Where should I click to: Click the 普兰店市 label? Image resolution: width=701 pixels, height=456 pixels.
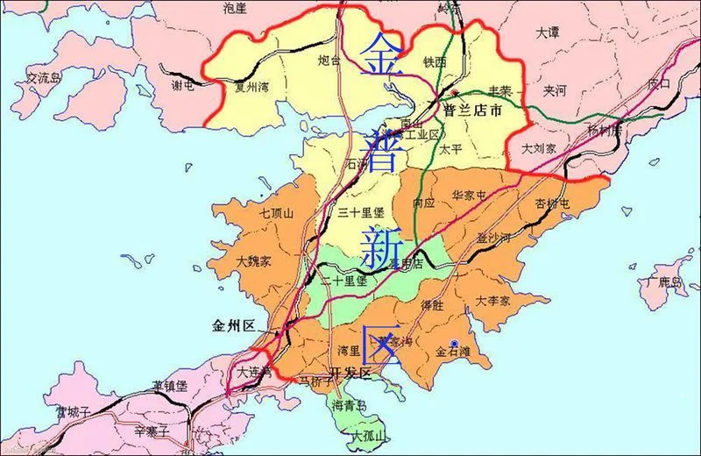point(473,111)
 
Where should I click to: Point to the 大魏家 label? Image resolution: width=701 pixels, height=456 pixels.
point(254,261)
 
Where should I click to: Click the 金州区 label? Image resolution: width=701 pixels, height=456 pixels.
point(232,325)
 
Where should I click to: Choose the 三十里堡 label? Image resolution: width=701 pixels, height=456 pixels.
point(361,213)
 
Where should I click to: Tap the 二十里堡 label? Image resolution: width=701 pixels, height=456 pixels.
point(343,281)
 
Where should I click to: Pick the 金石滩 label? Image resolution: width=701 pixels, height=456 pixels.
point(454,353)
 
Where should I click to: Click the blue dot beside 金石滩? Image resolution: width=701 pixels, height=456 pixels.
point(454,342)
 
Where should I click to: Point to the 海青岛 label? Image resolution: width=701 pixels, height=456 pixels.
point(350,406)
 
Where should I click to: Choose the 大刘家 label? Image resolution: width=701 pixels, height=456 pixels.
point(539,149)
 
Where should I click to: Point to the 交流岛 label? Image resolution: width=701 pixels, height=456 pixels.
point(44,78)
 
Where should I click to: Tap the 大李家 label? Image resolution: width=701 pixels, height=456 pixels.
point(493,301)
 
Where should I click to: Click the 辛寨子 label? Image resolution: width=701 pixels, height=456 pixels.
point(152,431)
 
